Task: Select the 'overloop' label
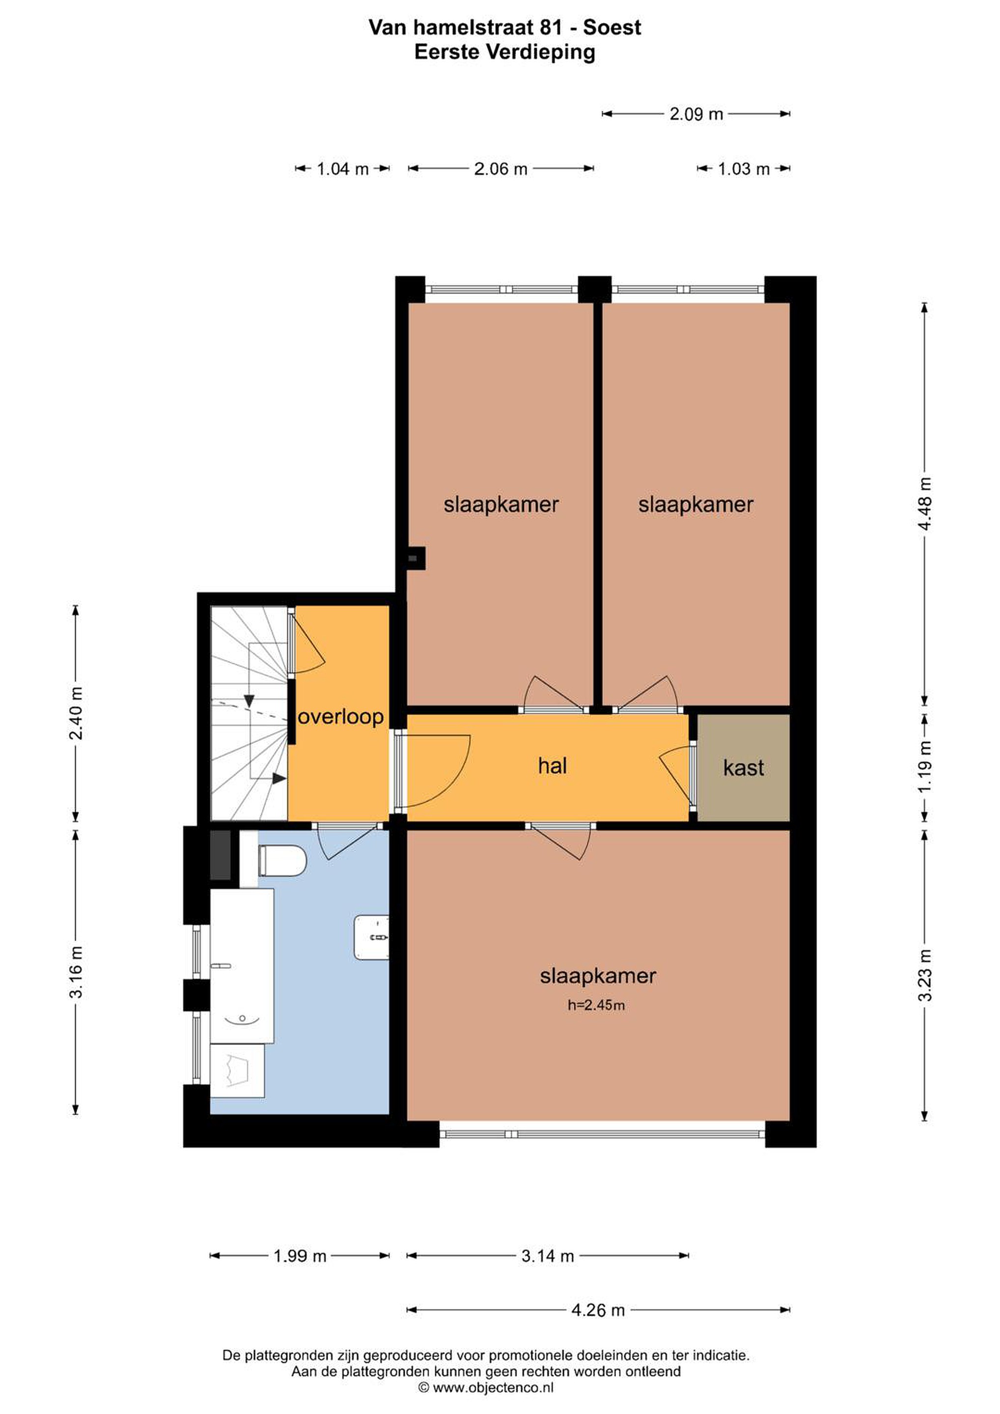tap(341, 717)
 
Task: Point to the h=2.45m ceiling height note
tap(596, 1005)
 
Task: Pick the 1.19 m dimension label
tap(925, 767)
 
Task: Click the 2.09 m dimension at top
tap(696, 114)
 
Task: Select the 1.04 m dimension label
tap(342, 169)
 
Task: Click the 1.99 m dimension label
tap(300, 1256)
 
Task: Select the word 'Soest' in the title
tap(612, 27)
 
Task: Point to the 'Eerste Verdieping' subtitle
tap(504, 53)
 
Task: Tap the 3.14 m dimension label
tap(547, 1256)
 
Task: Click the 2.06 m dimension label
tap(500, 169)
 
